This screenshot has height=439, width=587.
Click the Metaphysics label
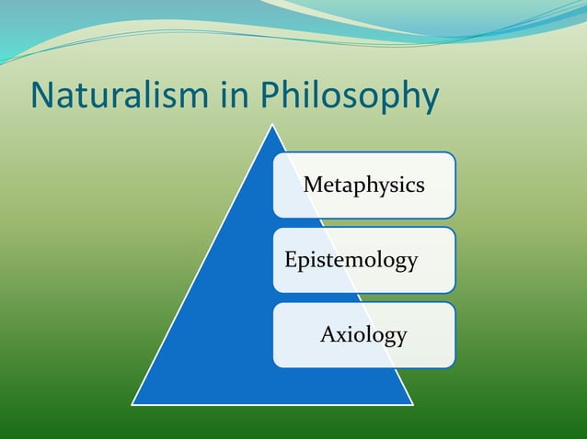[363, 186]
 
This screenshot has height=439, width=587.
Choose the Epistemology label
[351, 261]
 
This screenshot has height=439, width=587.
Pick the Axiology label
[363, 335]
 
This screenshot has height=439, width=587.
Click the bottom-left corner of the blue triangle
[132, 404]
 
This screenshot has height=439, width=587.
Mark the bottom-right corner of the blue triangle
[413, 404]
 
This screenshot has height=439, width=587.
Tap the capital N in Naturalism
[42, 96]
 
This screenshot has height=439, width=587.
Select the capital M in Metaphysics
[313, 186]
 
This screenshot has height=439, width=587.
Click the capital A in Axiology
[328, 334]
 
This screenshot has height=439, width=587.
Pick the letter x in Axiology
[342, 336]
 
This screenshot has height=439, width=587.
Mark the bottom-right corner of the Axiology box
[453, 366]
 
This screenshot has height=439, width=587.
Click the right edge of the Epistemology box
[455, 260]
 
